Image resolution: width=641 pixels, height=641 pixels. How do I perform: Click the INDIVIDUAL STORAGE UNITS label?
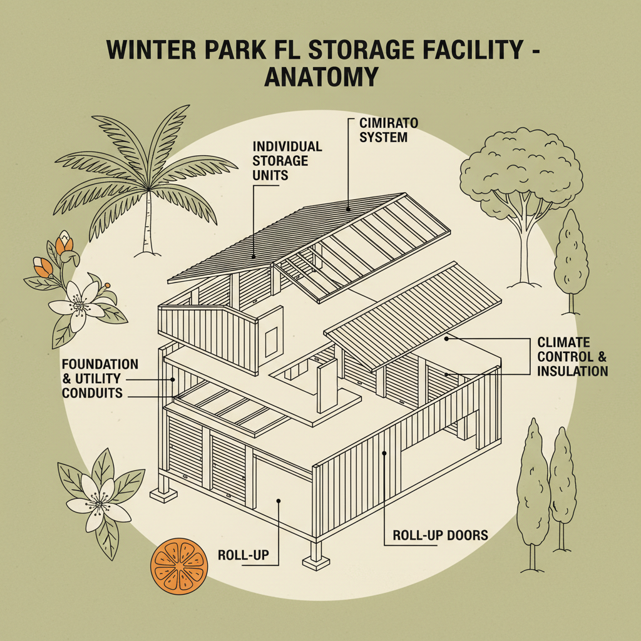(287, 160)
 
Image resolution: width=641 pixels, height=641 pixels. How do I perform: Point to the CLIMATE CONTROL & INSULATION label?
(572, 357)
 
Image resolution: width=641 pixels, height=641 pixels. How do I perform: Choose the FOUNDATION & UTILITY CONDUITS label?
(100, 378)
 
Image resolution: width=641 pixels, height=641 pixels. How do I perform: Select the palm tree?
(138, 175)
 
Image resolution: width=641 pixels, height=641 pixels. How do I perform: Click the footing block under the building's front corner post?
(317, 560)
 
